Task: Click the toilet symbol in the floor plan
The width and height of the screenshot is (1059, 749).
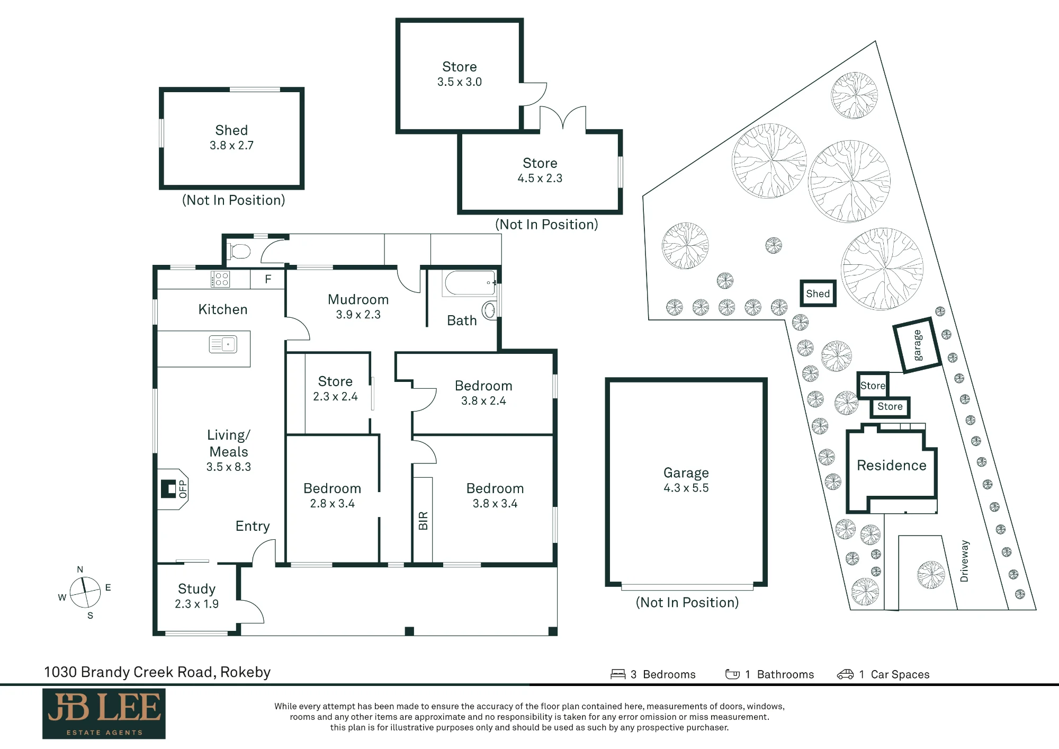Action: coord(239,251)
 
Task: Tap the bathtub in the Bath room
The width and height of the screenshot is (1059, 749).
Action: coord(470,283)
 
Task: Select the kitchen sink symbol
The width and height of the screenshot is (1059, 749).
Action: coord(223,344)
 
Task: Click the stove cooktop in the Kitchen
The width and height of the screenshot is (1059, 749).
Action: coord(220,279)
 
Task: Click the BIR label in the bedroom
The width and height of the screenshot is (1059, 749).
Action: coord(423,521)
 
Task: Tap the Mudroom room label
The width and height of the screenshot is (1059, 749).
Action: coord(358,299)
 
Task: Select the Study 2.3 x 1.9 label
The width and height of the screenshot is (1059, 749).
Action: coord(197,596)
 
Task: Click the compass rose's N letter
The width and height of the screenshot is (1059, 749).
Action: coord(80,569)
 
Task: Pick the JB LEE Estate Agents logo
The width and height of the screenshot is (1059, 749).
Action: coord(104,714)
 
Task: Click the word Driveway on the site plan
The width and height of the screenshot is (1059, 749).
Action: coord(964,561)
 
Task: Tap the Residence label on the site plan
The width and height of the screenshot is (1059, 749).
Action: coord(892,465)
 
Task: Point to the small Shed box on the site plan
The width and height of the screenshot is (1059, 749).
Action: coord(818,293)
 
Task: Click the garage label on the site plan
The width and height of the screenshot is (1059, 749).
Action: coord(917,345)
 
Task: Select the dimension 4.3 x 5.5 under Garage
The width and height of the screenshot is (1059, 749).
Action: coord(686,488)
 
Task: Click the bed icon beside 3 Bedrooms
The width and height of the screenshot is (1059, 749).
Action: coord(618,674)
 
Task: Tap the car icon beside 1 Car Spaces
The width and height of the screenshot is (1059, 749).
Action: coord(845,674)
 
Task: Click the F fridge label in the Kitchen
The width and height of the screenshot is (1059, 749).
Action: coord(268,279)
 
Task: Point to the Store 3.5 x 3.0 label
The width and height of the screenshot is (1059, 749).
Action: coord(460,74)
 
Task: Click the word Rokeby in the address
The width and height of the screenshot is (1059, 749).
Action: coord(246,672)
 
